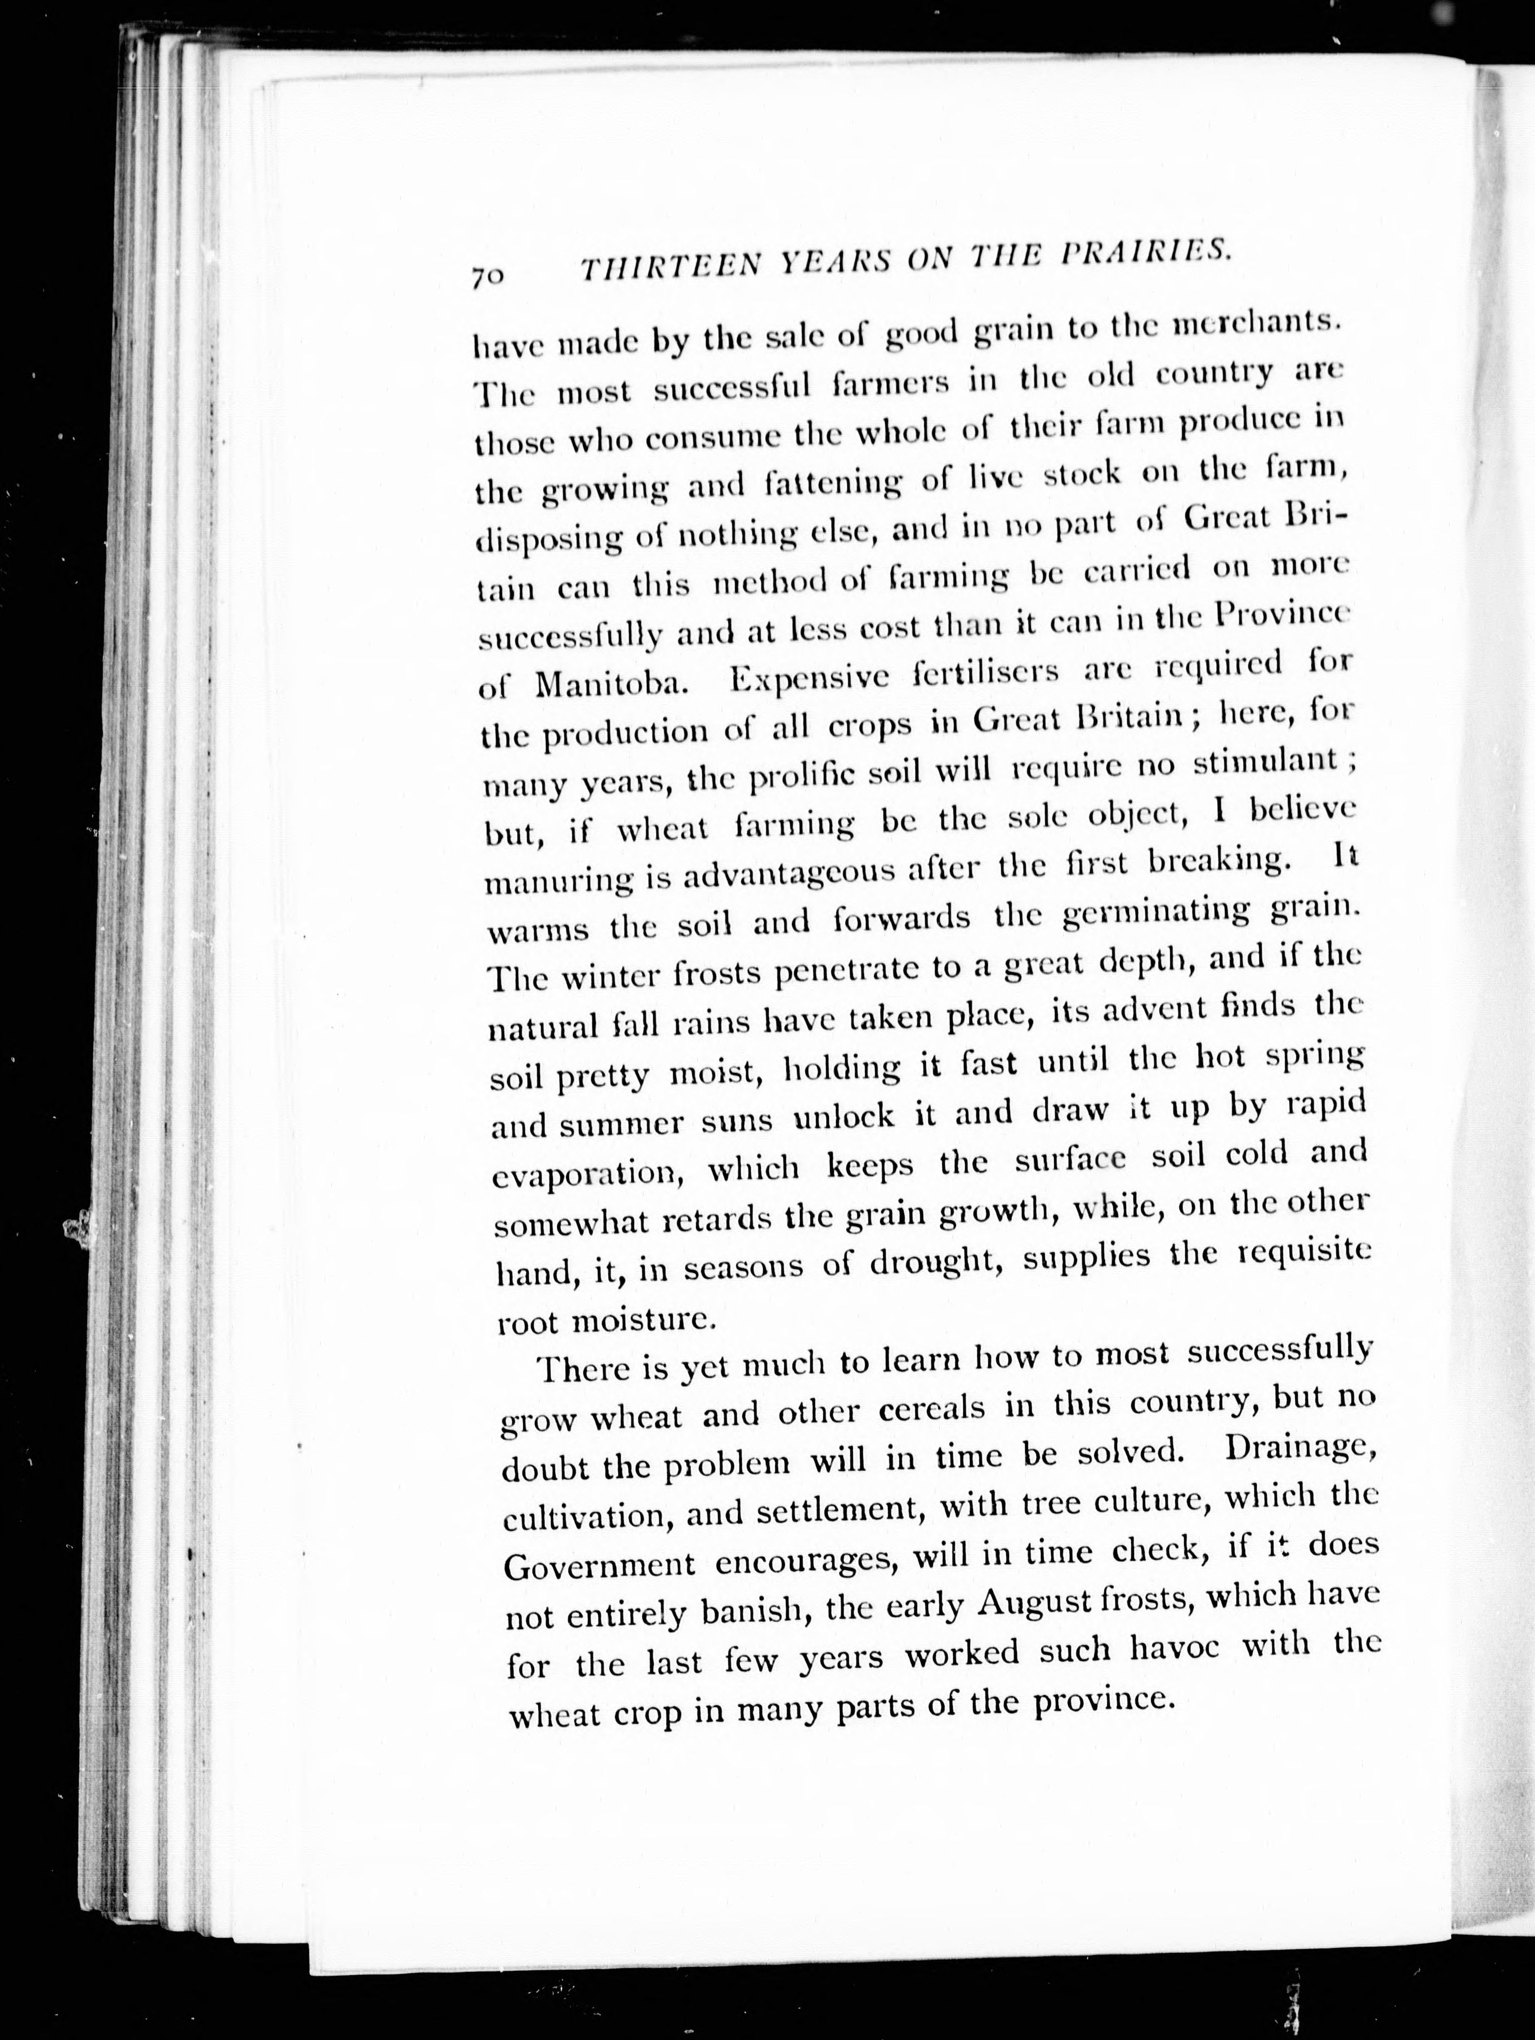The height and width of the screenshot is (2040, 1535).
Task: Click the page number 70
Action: coord(487,277)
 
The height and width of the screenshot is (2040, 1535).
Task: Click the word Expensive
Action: coord(809,678)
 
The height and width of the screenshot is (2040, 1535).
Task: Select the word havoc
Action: coord(1175,1648)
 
